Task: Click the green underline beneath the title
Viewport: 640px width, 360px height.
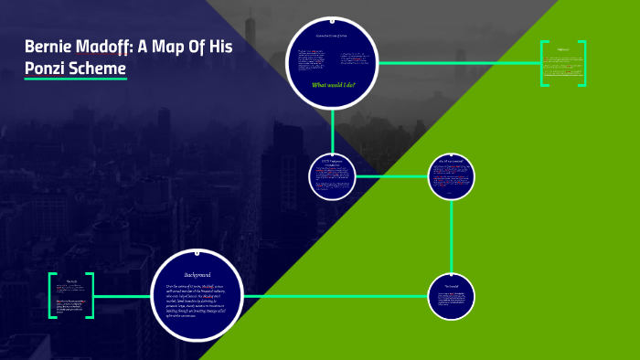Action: [x=75, y=79]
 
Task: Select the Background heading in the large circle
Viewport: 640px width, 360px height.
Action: [x=197, y=274]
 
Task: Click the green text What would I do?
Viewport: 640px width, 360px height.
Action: [x=333, y=85]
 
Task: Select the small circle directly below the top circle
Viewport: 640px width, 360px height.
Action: [x=332, y=175]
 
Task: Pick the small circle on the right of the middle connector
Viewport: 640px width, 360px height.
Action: [x=452, y=175]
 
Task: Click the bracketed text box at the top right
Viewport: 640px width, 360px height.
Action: [x=562, y=63]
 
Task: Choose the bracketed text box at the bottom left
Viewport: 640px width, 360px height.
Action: [x=71, y=295]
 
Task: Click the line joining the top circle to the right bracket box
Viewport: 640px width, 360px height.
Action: [x=457, y=63]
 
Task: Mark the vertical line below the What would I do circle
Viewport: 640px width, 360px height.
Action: [x=332, y=128]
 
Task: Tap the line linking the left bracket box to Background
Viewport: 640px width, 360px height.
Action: [x=123, y=296]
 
